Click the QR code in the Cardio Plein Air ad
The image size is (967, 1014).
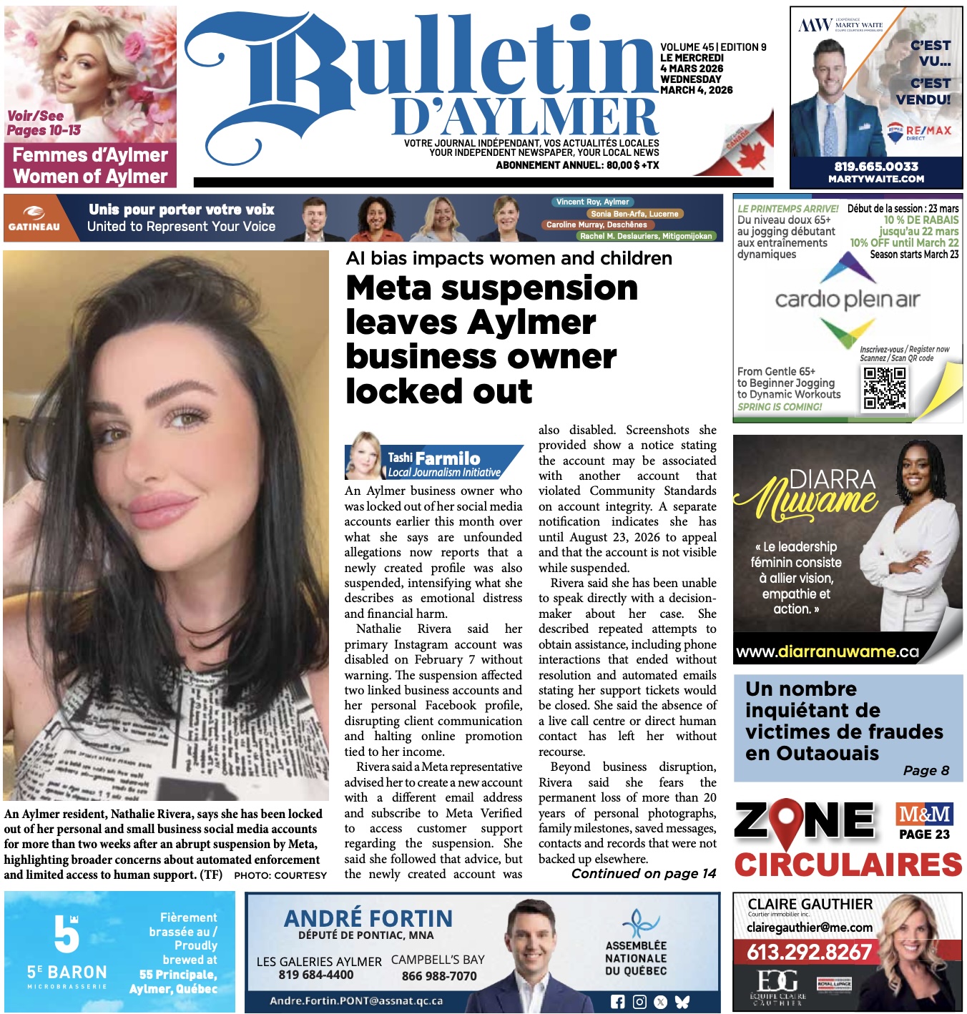coord(884,388)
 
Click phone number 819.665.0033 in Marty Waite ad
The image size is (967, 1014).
coord(875,166)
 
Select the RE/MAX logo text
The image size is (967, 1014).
coord(928,131)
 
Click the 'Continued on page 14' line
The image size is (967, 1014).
coord(643,873)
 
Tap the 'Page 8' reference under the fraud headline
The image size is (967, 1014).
coord(926,770)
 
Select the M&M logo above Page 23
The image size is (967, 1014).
coord(924,814)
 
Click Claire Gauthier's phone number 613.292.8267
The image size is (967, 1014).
coord(809,952)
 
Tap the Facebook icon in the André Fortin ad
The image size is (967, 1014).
coord(617,1002)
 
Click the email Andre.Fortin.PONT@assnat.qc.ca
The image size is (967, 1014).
coord(355,1001)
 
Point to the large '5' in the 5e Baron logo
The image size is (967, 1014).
coord(66,933)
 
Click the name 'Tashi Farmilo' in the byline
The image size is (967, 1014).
coord(433,458)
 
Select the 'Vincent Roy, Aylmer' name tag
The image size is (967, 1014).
coord(592,202)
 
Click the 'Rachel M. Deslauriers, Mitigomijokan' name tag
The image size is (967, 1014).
coord(645,236)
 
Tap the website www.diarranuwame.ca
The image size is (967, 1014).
coord(827,651)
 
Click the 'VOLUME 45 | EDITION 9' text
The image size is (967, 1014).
coord(712,47)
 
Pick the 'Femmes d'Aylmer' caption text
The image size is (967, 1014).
coord(90,155)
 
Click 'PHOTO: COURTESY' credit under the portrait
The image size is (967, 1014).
coord(280,875)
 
